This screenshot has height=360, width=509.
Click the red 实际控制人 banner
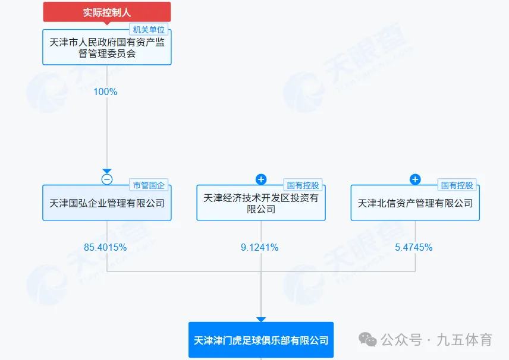click(107, 11)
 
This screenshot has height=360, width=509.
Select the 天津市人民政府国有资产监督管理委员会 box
click(107, 48)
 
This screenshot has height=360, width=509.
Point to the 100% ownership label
click(105, 92)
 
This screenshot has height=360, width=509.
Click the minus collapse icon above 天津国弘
click(107, 179)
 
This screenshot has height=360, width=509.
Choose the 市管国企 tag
click(149, 185)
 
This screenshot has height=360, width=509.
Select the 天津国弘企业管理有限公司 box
click(107, 203)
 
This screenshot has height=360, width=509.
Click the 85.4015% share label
click(105, 247)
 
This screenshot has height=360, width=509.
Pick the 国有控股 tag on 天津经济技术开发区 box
click(303, 185)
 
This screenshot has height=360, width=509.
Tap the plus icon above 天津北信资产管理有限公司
click(415, 179)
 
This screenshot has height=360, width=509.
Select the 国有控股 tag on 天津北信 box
click(457, 185)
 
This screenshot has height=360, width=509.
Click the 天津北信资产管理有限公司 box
click(415, 203)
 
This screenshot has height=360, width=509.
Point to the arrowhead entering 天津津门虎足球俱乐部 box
click(261, 319)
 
